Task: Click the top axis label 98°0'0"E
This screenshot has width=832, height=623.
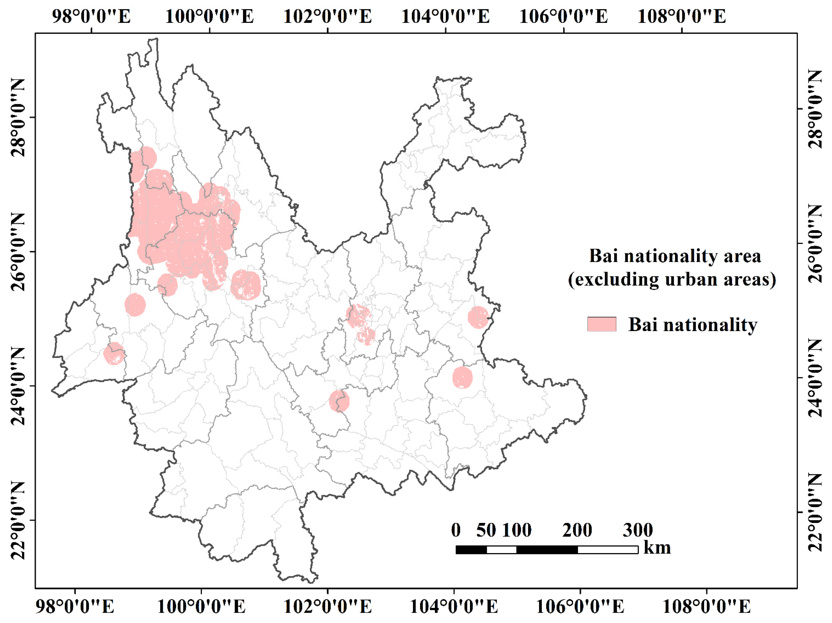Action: (91, 17)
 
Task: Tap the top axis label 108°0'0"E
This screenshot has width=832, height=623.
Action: (682, 17)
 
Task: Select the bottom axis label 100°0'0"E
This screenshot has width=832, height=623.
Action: (201, 606)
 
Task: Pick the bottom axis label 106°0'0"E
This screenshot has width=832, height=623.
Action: (580, 606)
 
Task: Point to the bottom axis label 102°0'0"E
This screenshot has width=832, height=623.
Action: (327, 606)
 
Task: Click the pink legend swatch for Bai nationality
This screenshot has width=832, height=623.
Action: (601, 324)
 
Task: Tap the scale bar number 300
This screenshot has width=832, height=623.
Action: (637, 530)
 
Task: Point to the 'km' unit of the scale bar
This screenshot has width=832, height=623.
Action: (657, 548)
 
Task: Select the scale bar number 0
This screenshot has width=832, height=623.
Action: (456, 530)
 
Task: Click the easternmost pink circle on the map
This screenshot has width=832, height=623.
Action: (478, 317)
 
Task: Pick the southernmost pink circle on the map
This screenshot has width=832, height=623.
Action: (339, 401)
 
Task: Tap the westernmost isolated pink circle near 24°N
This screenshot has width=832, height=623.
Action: (114, 353)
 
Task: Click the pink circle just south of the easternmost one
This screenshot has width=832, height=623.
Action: (462, 377)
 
